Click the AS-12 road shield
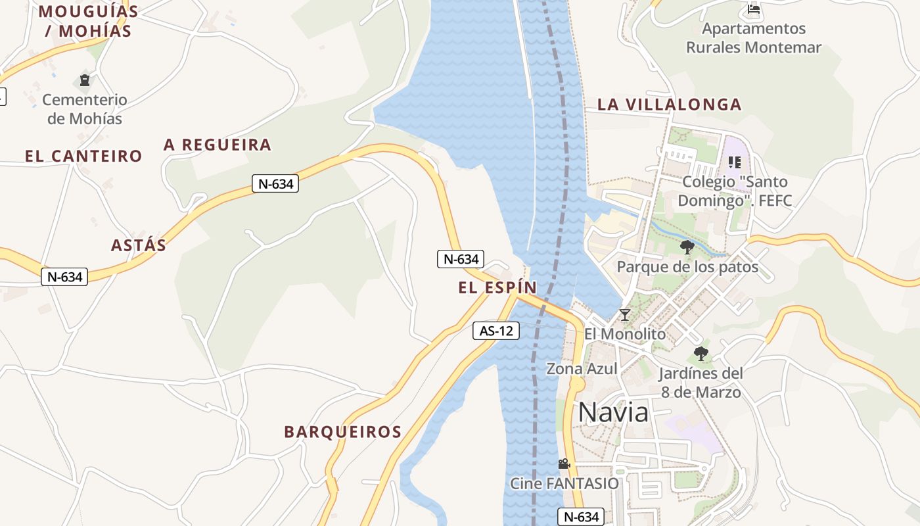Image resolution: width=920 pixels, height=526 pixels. click(496, 331)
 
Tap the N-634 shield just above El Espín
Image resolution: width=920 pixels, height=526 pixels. click(461, 259)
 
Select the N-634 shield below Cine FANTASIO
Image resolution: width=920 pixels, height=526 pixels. click(582, 517)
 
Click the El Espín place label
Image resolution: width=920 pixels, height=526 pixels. click(497, 287)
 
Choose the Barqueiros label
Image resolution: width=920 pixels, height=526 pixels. click(342, 432)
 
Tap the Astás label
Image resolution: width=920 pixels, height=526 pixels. click(139, 245)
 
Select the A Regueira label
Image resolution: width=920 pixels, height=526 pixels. click(218, 145)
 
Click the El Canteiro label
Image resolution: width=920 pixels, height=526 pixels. click(83, 156)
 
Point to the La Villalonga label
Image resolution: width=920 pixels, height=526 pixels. click(669, 105)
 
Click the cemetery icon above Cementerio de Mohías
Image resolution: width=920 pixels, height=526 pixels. click(85, 80)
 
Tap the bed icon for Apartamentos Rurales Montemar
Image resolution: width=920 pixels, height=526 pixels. click(754, 10)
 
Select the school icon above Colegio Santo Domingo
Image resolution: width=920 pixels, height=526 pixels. click(735, 162)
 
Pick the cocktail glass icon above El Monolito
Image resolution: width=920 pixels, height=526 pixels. click(625, 315)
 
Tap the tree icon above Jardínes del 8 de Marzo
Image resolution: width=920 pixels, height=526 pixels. click(701, 354)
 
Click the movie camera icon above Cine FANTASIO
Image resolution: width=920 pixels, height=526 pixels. click(564, 464)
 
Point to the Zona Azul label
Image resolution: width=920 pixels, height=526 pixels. click(582, 369)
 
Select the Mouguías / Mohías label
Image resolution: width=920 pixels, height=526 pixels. click(88, 21)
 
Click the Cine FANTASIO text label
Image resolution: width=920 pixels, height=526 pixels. click(564, 484)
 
